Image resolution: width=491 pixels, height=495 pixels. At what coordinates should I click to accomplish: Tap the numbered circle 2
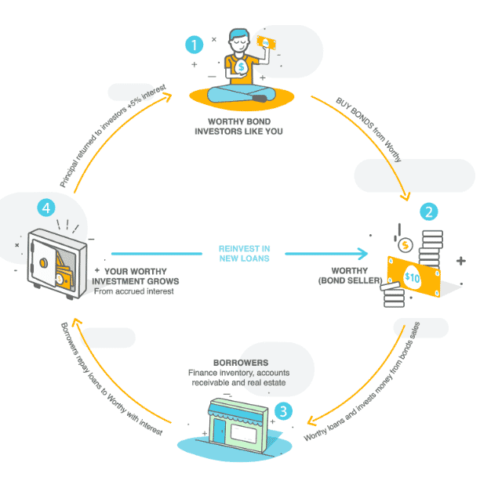coord(428,211)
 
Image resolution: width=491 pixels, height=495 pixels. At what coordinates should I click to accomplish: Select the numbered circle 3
coord(284,408)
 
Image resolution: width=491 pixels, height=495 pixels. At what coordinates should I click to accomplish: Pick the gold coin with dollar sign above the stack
coord(406,244)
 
